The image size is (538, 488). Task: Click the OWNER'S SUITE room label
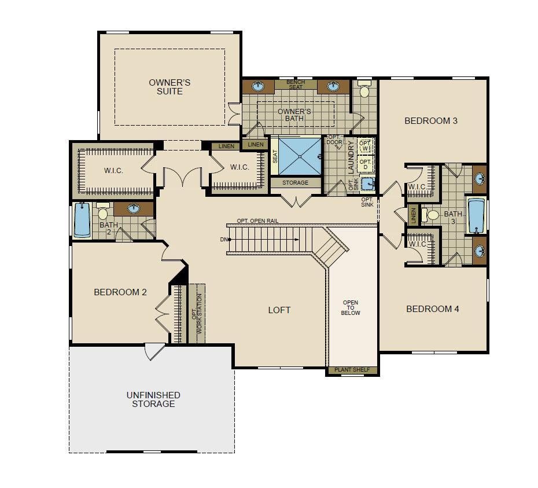point(169,87)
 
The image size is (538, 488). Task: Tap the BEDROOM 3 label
point(431,121)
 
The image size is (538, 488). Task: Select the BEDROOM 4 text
point(432,309)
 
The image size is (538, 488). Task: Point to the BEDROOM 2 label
point(120,292)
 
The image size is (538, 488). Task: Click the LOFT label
point(279,310)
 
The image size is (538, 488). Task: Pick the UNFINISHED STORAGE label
point(153,399)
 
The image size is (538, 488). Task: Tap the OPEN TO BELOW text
point(351,308)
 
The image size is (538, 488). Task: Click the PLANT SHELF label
point(352,370)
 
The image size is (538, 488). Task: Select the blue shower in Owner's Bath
point(300,157)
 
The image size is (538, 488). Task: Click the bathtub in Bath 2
point(82,220)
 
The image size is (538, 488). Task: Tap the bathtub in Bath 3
point(476,215)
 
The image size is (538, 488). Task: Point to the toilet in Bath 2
point(102,211)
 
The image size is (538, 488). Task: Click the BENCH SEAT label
point(296,85)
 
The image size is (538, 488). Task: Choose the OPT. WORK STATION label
point(197,314)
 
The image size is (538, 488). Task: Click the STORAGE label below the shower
point(296,183)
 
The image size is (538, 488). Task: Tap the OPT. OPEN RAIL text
point(257,221)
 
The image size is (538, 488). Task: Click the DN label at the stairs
point(224,239)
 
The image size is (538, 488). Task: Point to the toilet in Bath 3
point(430,215)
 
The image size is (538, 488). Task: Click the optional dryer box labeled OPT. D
point(365,164)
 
